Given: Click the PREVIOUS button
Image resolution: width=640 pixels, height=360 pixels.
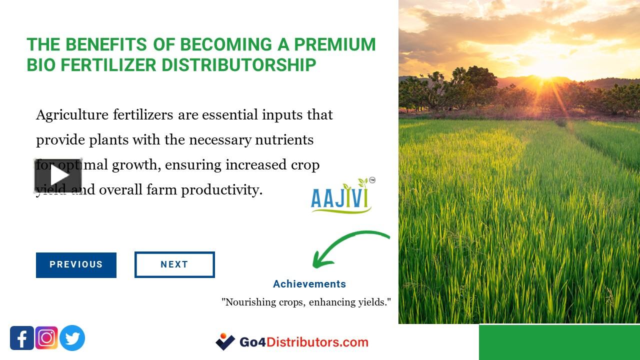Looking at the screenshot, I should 76,265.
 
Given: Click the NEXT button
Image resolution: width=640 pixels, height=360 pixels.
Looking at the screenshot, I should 174,265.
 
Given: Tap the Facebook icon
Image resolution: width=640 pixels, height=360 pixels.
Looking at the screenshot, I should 22,338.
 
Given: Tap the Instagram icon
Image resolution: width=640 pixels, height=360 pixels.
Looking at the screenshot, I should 46,338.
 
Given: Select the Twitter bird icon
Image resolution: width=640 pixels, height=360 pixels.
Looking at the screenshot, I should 72,338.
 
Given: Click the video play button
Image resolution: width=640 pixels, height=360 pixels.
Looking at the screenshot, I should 58,175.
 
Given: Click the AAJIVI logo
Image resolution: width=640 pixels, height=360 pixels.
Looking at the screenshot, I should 342,196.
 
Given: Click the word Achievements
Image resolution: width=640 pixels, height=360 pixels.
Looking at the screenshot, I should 309,284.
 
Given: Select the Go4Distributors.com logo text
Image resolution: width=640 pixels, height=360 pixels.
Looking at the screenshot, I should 304,342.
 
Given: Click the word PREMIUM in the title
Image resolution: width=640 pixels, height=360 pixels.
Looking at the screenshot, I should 334,44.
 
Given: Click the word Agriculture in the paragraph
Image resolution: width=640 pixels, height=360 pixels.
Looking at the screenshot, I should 72,115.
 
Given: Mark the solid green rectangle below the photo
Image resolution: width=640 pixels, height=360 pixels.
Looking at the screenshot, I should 559,342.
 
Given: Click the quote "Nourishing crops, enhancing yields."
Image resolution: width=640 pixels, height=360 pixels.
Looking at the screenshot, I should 306,302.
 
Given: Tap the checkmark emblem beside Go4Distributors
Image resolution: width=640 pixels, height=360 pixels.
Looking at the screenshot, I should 225,341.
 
